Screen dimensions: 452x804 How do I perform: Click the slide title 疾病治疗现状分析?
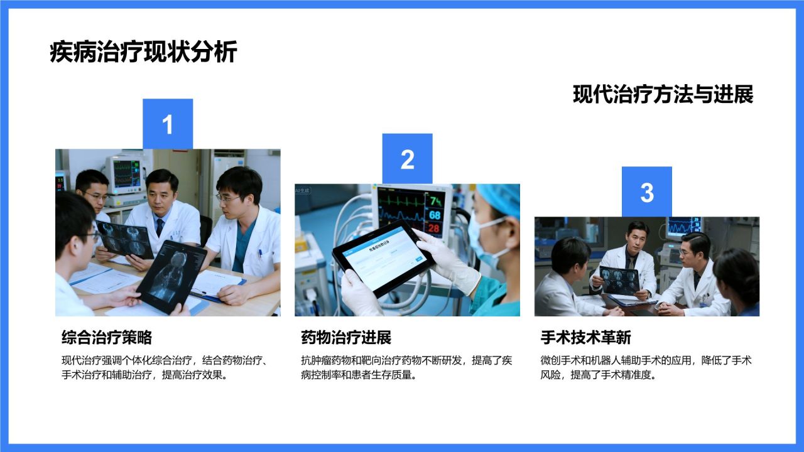point(143,52)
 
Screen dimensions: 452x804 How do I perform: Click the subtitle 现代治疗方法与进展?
point(663,95)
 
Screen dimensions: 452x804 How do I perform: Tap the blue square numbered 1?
point(168,124)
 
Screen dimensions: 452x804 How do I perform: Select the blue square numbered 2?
point(407,159)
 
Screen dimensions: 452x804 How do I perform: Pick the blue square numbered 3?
point(646,192)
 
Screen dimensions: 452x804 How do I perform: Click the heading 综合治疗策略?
point(107,338)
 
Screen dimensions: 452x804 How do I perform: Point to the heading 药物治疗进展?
point(346,338)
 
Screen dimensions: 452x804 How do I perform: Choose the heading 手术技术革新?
point(585,338)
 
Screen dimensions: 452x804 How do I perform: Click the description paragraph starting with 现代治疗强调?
point(166,368)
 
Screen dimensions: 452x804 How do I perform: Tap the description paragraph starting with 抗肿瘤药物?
point(406,368)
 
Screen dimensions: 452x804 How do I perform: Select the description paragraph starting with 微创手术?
point(646,368)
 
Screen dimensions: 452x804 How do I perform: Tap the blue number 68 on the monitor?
point(435,215)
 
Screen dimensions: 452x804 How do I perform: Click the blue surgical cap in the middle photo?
point(500,199)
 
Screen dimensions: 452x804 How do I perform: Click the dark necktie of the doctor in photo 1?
point(160,227)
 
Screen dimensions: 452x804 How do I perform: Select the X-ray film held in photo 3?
point(619,279)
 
